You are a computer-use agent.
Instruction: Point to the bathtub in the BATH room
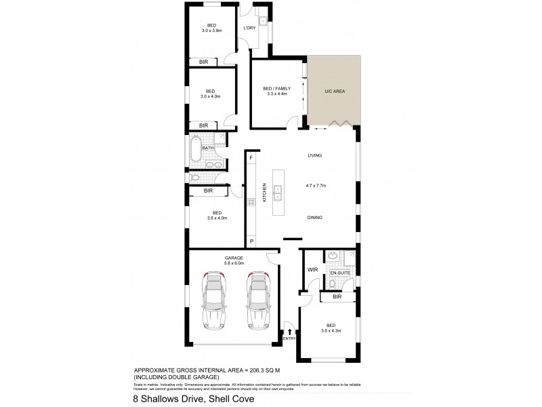(195, 147)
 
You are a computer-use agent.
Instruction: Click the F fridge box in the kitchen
(251, 158)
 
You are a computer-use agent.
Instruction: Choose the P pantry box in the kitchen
(251, 241)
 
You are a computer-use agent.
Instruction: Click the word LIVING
(313, 155)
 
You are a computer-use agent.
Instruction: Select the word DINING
(313, 218)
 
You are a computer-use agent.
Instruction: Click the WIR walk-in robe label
(312, 269)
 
